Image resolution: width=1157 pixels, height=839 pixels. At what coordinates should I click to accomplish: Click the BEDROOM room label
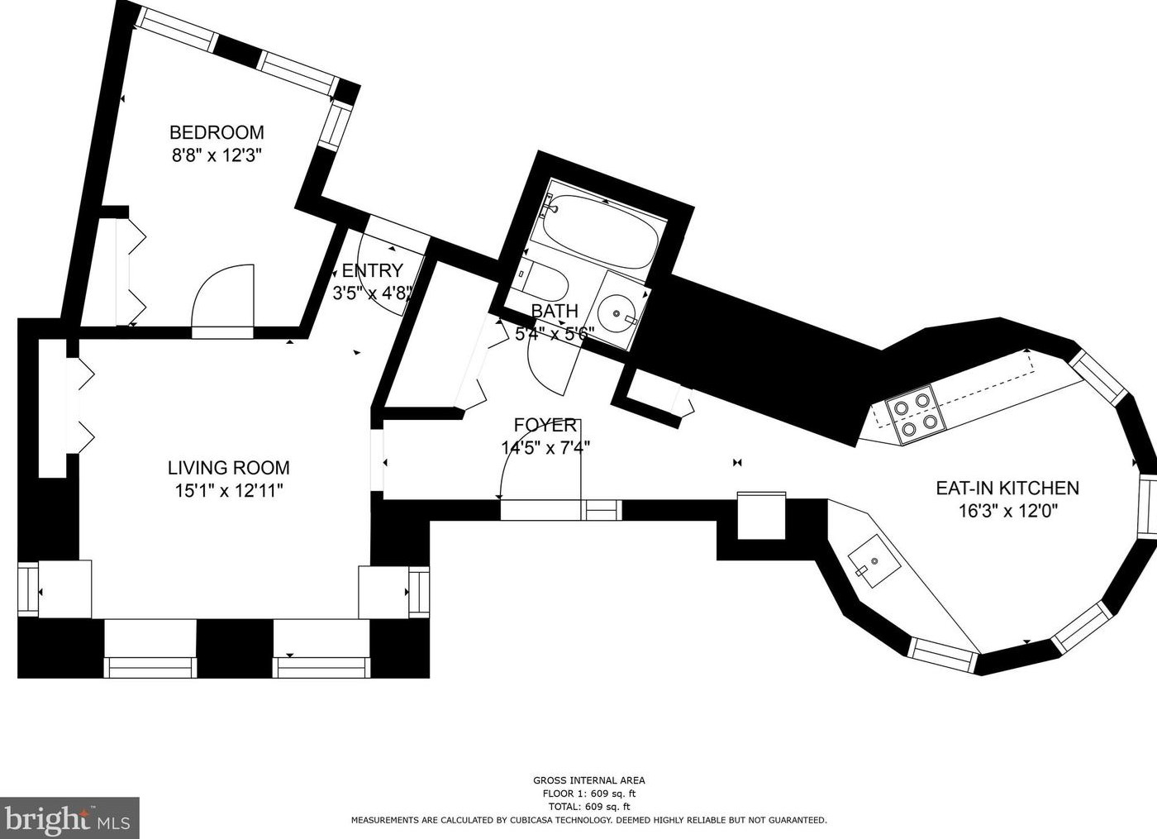point(217,132)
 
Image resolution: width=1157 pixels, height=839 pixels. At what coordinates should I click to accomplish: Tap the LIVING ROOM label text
point(229,468)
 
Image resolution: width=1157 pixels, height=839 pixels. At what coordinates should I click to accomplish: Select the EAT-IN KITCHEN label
point(1007,489)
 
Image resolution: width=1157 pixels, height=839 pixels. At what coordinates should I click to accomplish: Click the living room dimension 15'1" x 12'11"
point(229,490)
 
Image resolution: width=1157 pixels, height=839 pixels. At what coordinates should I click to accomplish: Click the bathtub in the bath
point(600,231)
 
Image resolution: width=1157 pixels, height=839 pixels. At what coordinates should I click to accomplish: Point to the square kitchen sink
point(874,560)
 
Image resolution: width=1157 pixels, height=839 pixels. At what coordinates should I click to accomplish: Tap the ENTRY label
point(373,270)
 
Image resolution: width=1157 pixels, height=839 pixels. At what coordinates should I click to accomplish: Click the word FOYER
point(545,425)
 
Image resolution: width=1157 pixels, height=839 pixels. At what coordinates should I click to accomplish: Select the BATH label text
point(555,311)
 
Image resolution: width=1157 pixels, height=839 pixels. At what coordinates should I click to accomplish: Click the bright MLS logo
point(69,818)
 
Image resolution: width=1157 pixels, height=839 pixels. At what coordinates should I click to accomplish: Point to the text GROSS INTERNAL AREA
point(588,780)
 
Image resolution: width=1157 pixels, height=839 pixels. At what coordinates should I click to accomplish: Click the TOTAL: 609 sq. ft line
point(588,807)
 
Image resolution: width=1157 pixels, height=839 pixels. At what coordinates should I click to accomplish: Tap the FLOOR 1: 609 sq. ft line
point(588,794)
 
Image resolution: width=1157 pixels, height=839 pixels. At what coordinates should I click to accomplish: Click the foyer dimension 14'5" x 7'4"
point(545,447)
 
